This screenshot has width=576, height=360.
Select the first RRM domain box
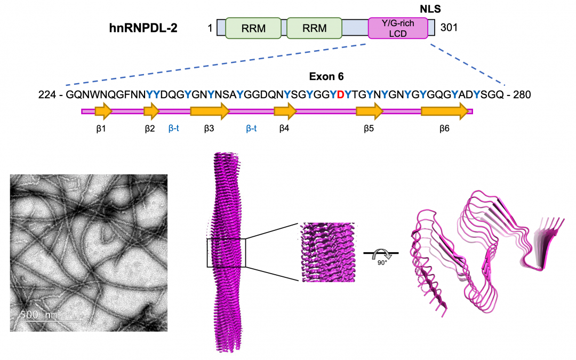click(253, 28)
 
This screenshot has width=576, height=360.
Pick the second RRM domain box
click(315, 28)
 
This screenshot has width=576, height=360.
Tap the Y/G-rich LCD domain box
click(398, 28)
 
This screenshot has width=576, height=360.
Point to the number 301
click(450, 28)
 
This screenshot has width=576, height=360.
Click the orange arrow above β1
click(103, 111)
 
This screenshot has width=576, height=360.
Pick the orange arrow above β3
click(210, 111)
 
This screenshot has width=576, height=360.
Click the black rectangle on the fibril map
click(226, 253)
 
